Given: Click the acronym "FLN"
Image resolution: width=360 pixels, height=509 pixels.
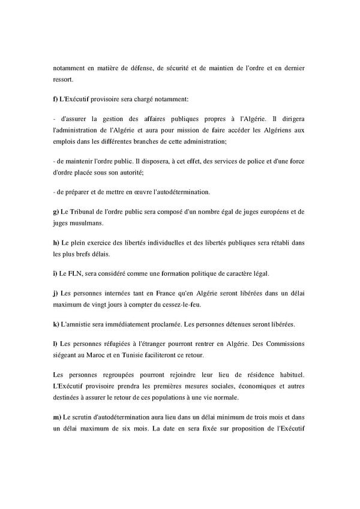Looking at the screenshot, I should tap(76, 273).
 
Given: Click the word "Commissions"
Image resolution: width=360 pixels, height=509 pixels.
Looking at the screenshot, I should tap(282, 344).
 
